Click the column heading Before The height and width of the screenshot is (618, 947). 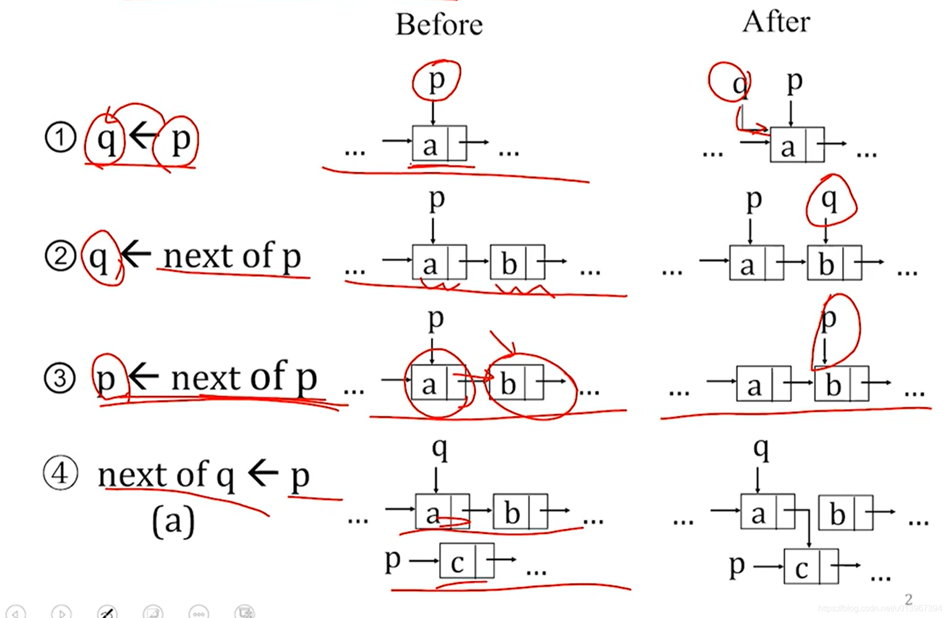439,25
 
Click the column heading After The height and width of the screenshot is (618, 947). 776,22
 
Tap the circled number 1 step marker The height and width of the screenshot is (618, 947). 60,137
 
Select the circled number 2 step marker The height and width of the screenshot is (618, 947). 60,256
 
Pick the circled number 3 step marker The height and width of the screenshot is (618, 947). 59,378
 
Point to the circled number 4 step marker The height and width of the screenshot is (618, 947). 60,473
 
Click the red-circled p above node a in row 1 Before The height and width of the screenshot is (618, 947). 437,80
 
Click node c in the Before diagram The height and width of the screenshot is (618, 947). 458,562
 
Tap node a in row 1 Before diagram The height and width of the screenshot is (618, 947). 431,144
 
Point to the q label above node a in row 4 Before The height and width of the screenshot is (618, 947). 440,448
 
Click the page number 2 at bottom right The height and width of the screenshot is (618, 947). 908,599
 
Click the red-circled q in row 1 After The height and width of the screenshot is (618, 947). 739,84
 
